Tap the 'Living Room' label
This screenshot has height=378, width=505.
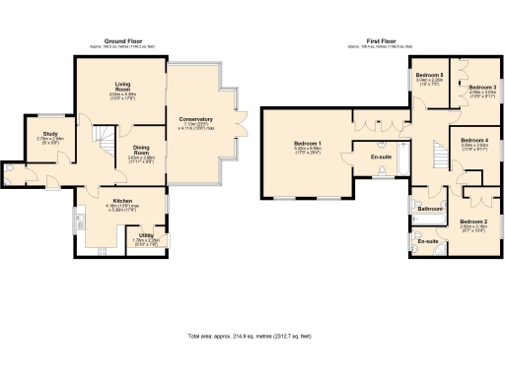click(x=123, y=85)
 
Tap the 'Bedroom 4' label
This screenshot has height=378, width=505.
click(x=474, y=140)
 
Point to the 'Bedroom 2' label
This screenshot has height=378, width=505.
click(x=474, y=221)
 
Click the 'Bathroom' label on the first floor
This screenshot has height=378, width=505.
click(x=429, y=209)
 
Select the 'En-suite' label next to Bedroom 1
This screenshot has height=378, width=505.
click(x=382, y=157)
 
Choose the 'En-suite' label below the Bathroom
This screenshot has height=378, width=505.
click(x=428, y=241)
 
